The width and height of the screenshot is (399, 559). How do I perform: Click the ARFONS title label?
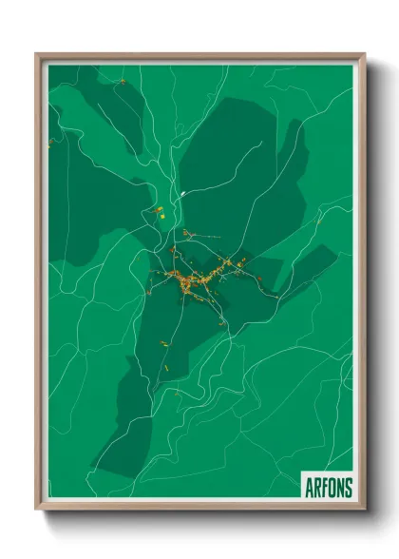pos(329,487)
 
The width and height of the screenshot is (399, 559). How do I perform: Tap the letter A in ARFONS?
pos(310,487)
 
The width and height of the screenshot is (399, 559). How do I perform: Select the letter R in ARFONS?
pos(317,487)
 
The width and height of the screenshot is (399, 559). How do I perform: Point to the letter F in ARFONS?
pos(325,487)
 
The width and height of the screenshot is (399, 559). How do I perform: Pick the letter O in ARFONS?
pos(332,487)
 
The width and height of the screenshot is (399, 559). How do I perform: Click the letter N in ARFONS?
pos(341,487)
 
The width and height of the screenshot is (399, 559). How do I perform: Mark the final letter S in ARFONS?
pos(349,487)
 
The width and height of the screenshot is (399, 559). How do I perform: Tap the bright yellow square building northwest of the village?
pos(161,216)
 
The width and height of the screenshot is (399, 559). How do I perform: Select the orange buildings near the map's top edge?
pos(123,82)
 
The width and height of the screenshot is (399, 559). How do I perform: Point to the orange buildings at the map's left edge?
pos(50,144)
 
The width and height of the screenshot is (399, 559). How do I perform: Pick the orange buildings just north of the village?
pos(187,232)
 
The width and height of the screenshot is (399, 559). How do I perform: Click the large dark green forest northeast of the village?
pos(237,171)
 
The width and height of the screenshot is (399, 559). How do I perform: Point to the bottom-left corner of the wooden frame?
pos(37,509)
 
